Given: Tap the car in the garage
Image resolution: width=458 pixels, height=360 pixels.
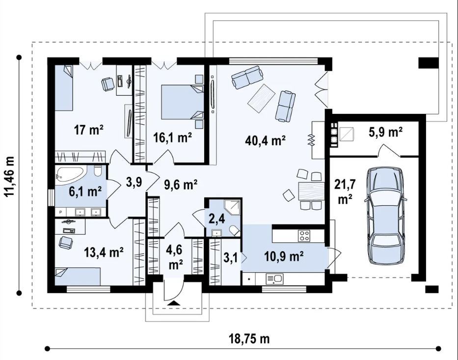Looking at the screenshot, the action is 385,216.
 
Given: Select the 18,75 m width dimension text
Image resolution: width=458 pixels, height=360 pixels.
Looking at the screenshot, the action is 249,339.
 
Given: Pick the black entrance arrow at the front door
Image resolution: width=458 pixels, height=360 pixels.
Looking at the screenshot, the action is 174,303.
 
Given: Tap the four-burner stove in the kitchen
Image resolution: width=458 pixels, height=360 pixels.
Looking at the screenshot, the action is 304,236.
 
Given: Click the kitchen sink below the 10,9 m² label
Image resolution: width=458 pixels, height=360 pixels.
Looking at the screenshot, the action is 274,279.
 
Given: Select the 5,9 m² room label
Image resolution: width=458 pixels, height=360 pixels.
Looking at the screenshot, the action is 386,133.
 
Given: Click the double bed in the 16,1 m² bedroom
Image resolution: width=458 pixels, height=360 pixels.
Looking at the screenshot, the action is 182,102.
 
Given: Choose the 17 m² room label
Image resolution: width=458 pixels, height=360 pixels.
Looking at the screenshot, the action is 88,130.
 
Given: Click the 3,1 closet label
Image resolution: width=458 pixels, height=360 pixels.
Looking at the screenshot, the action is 231,258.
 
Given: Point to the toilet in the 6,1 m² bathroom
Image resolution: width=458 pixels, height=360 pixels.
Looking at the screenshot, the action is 98,170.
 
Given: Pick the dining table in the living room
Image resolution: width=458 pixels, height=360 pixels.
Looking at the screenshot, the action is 311,191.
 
